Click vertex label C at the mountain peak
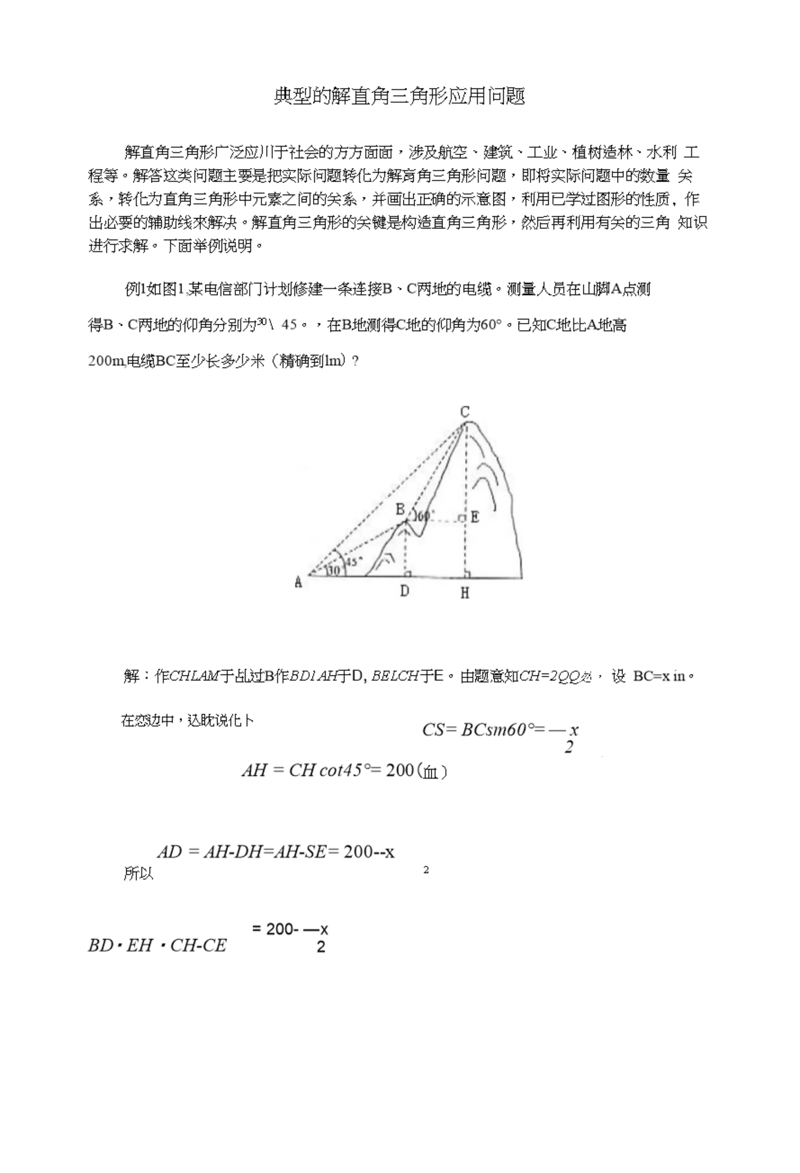[465, 412]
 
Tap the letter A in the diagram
[298, 582]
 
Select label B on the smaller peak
[400, 509]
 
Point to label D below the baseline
[405, 591]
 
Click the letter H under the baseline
[465, 593]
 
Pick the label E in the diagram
[475, 517]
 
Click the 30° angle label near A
[333, 571]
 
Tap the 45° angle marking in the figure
[355, 561]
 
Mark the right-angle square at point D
[408, 574]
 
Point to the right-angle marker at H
[468, 574]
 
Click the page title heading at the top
[400, 96]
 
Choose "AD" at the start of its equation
[169, 852]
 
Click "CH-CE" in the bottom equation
[198, 945]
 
